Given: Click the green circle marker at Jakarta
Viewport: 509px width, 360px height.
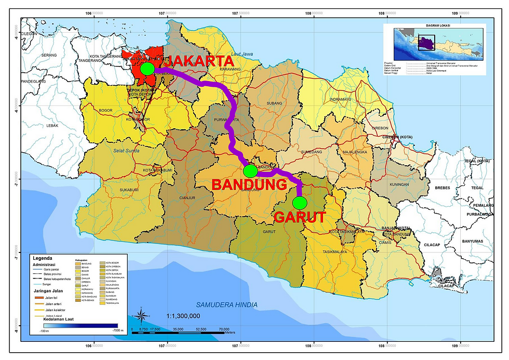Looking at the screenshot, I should [147, 68].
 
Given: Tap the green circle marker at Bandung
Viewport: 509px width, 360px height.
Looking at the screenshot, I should [250, 170].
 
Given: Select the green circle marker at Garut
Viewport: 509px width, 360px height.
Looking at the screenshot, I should [300, 202].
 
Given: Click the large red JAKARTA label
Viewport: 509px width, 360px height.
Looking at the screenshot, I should [198, 61].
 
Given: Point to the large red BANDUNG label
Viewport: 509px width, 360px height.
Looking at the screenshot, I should [249, 184].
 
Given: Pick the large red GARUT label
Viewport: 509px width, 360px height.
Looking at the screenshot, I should [299, 217].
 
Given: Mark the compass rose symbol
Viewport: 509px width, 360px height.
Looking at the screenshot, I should [141, 316].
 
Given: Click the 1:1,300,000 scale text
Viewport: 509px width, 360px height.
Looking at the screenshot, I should [183, 315].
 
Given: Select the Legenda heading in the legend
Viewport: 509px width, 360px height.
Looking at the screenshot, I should [43, 258].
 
